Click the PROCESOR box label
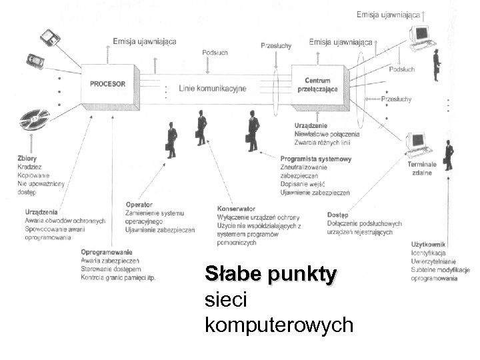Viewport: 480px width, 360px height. pyautogui.click(x=107, y=84)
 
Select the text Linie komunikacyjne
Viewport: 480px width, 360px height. pyautogui.click(x=213, y=88)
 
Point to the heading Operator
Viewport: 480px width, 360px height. pyautogui.click(x=139, y=205)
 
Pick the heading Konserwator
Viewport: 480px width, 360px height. pyautogui.click(x=236, y=209)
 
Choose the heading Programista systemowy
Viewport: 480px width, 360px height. pyautogui.click(x=316, y=159)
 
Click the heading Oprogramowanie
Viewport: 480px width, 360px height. pyautogui.click(x=107, y=252)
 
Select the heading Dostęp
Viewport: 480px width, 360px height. pyautogui.click(x=338, y=215)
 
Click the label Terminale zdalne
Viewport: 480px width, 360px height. pyautogui.click(x=422, y=169)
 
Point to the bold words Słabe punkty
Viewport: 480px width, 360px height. pyautogui.click(x=271, y=275)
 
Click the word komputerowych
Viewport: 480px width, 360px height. pyautogui.click(x=279, y=325)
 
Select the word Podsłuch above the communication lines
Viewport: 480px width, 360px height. pyautogui.click(x=215, y=53)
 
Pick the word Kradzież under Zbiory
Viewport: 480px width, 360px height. pyautogui.click(x=31, y=167)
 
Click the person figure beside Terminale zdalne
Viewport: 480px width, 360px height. pyautogui.click(x=449, y=155)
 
